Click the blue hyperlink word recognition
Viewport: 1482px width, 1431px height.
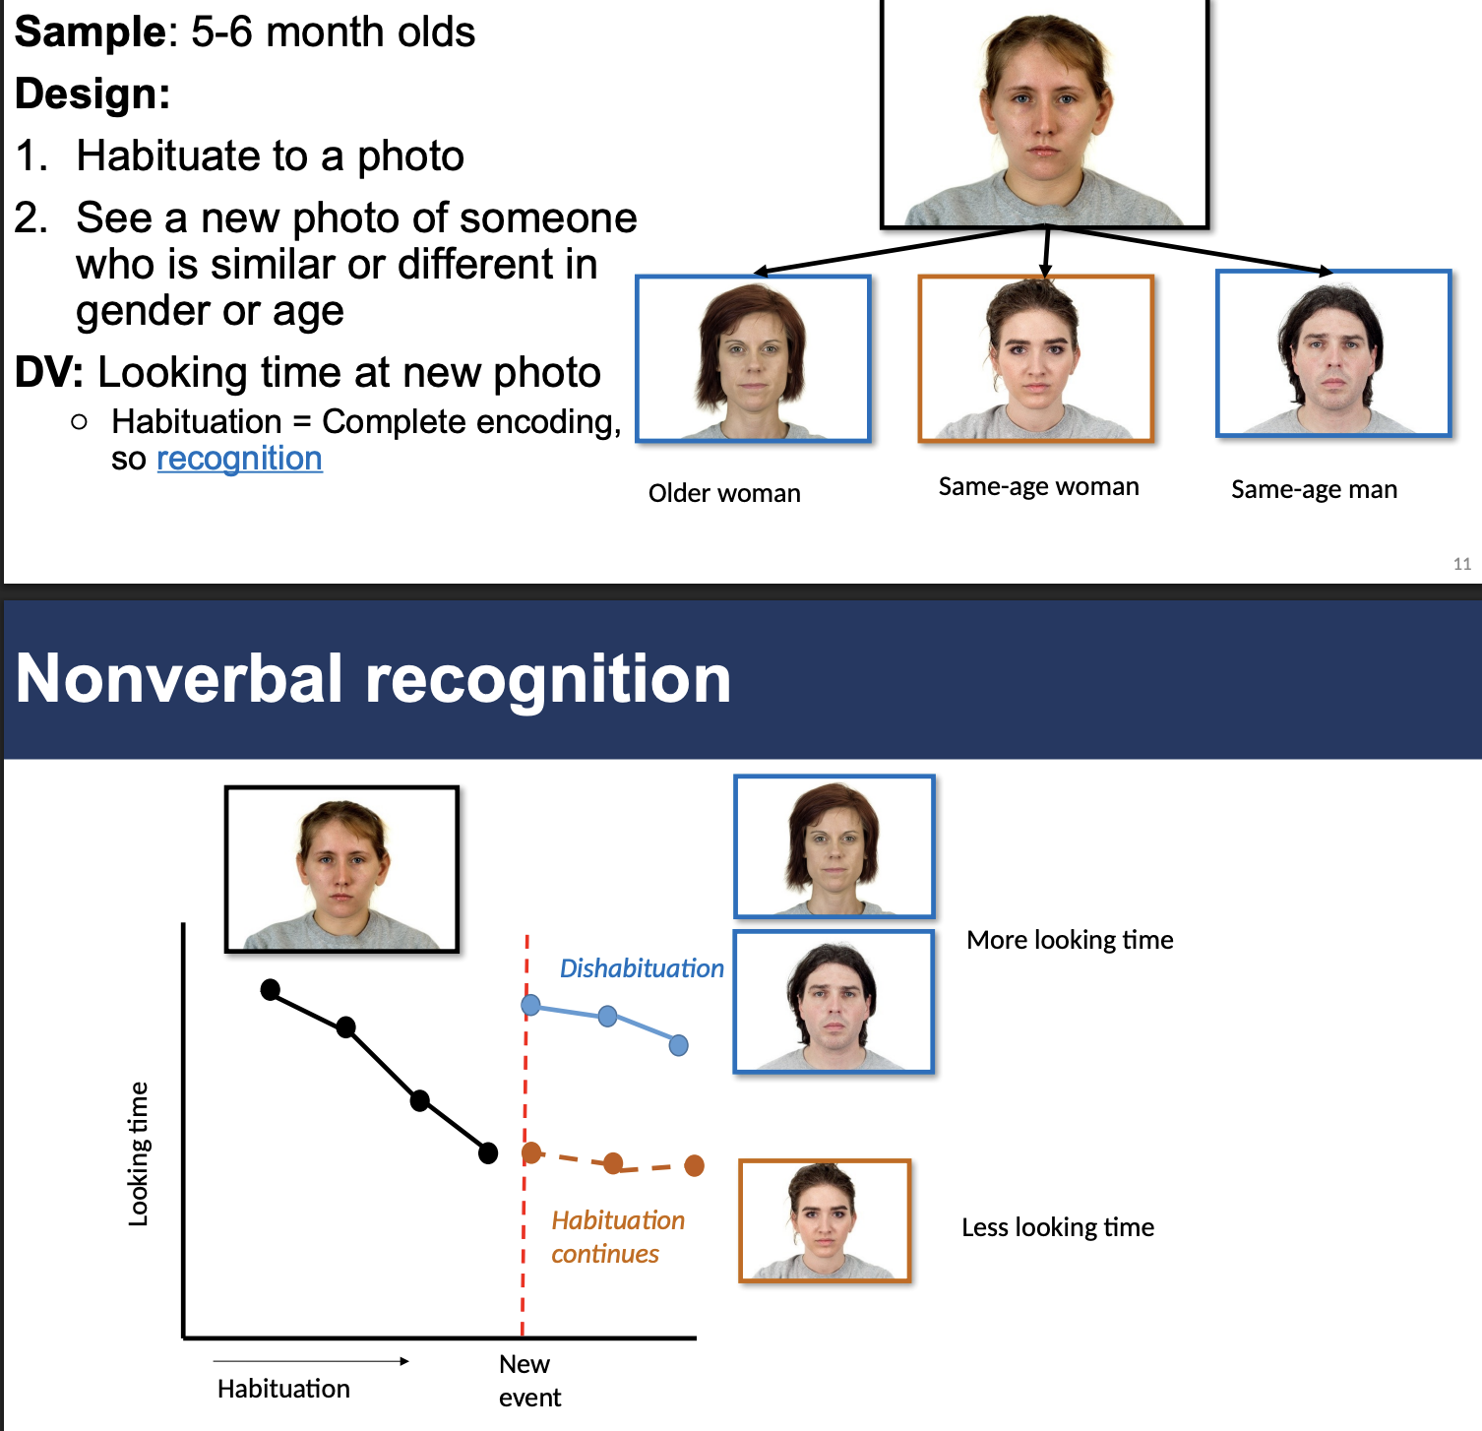click(x=239, y=459)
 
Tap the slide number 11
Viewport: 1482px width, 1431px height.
click(x=1461, y=564)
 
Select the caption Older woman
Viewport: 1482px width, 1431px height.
click(x=724, y=493)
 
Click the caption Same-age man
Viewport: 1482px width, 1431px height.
click(x=1314, y=489)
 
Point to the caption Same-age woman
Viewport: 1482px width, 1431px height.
click(x=1038, y=486)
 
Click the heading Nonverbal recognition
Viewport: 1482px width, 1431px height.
click(x=373, y=679)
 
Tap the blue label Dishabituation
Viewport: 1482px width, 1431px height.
click(x=641, y=968)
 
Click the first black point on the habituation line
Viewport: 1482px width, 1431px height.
click(x=270, y=989)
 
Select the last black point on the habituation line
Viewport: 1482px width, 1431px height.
click(x=488, y=1152)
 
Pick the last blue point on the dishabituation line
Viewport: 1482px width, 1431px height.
click(x=678, y=1045)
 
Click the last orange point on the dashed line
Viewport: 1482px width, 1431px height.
click(x=694, y=1165)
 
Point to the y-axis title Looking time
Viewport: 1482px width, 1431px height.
click(x=139, y=1153)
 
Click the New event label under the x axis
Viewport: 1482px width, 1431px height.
click(x=528, y=1380)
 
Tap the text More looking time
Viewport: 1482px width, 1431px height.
click(x=1070, y=940)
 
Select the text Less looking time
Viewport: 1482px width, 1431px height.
click(x=1058, y=1227)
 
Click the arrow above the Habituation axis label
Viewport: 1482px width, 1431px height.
click(x=311, y=1361)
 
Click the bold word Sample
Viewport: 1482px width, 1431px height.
click(x=91, y=31)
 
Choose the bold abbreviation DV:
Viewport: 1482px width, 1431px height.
click(x=49, y=373)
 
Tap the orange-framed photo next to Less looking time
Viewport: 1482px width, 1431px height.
click(x=825, y=1220)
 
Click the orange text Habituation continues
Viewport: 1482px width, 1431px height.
click(x=617, y=1237)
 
